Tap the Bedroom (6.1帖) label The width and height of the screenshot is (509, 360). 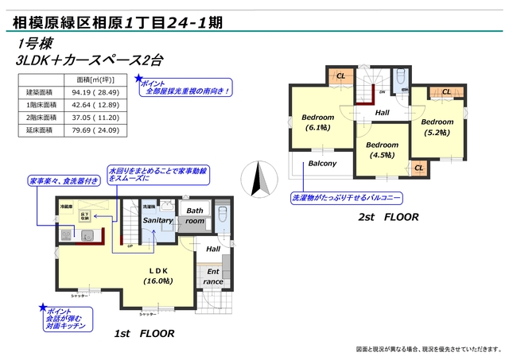(x=318, y=122)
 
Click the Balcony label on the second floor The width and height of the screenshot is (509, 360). (x=322, y=164)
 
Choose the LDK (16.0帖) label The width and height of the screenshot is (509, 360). (x=159, y=275)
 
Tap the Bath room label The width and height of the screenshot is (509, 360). (x=195, y=215)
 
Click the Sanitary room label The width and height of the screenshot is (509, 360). (x=158, y=220)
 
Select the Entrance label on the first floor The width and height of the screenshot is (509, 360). (x=213, y=276)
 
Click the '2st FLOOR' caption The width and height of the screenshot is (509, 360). (x=388, y=216)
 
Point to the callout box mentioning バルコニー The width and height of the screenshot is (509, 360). (x=347, y=196)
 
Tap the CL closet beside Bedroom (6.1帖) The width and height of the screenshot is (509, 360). (x=340, y=76)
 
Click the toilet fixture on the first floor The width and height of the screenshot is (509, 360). (x=223, y=215)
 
